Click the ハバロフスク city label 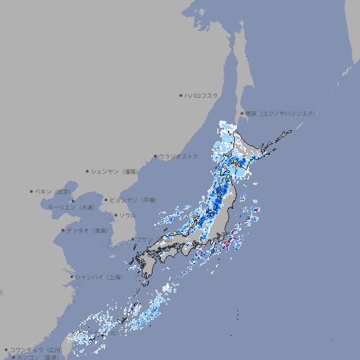pyautogui.click(x=202, y=95)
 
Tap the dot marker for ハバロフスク pyautogui.click(x=181, y=95)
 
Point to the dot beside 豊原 pyautogui.click(x=242, y=113)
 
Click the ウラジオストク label pyautogui.click(x=179, y=156)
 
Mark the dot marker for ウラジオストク pyautogui.click(x=155, y=156)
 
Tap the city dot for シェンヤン pyautogui.click(x=87, y=171)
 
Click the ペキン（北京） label pyautogui.click(x=54, y=191)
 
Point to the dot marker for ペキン pyautogui.click(x=32, y=191)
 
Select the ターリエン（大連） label pyautogui.click(x=71, y=207)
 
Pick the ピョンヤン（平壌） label pyautogui.click(x=131, y=200)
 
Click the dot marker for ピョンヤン pyautogui.click(x=106, y=200)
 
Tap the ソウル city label pyautogui.click(x=127, y=215)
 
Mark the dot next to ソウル pyautogui.click(x=115, y=215)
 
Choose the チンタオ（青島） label pyautogui.click(x=88, y=230)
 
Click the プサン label pyautogui.click(x=143, y=239)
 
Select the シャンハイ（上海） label pyautogui.click(x=99, y=277)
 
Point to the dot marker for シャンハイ pyautogui.click(x=72, y=277)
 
